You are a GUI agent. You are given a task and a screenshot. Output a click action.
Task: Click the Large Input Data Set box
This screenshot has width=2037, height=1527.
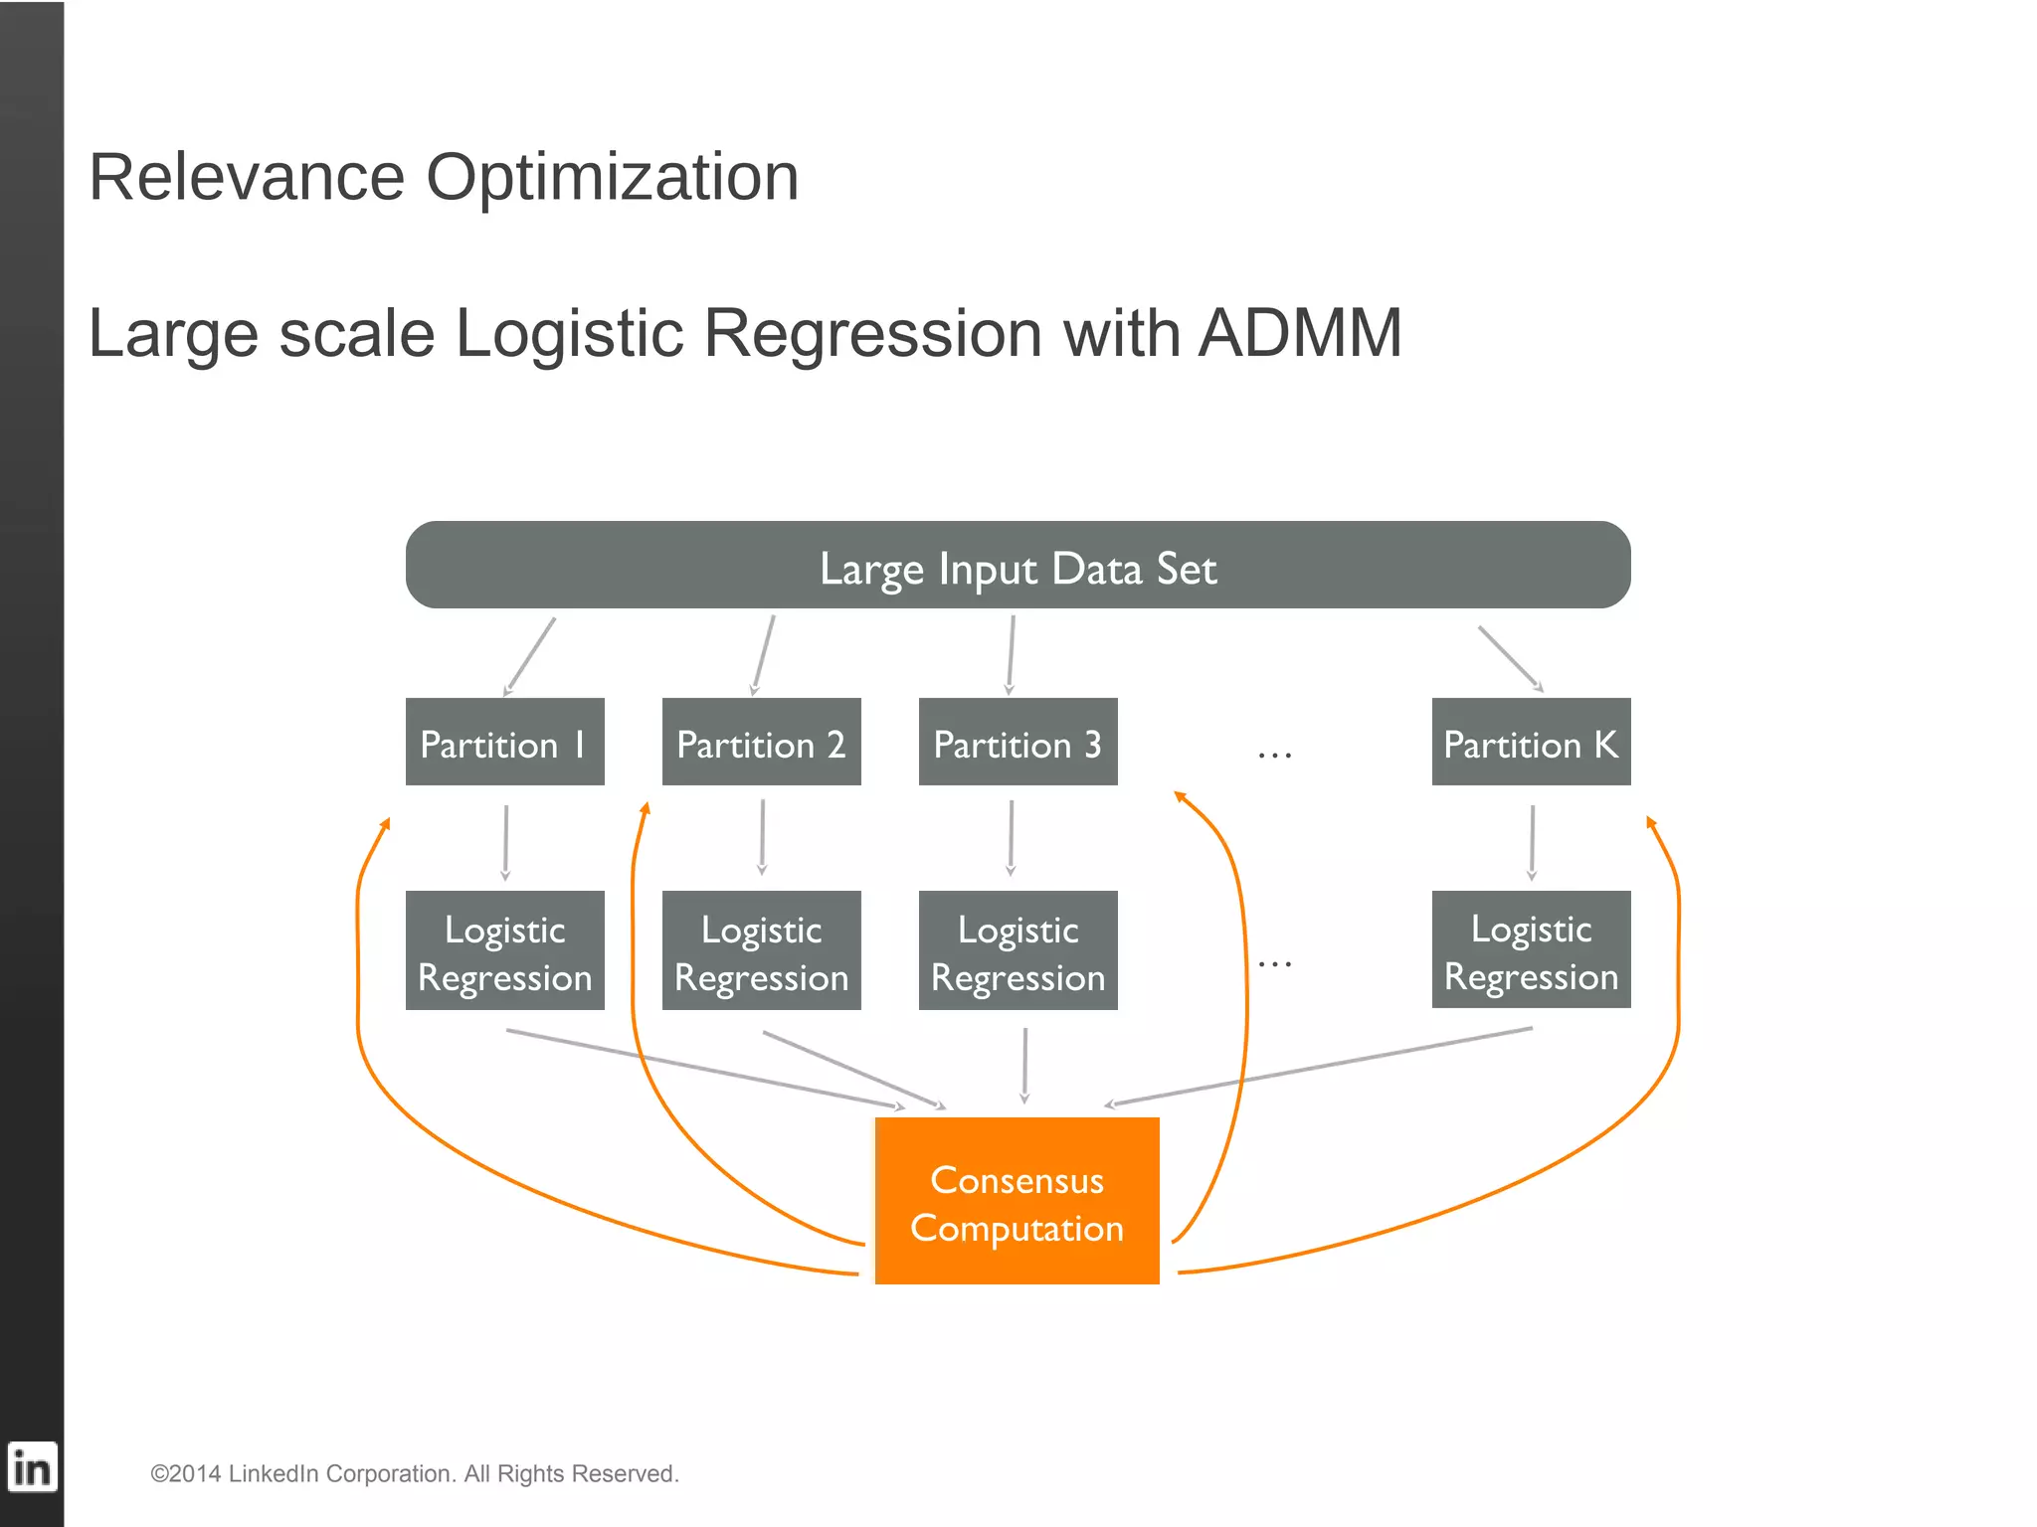1018,565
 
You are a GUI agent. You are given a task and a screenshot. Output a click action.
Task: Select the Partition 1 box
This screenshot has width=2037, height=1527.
504,742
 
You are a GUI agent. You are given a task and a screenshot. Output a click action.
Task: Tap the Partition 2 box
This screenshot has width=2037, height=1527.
761,742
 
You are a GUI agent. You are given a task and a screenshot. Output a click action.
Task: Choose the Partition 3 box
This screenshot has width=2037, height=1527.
1018,742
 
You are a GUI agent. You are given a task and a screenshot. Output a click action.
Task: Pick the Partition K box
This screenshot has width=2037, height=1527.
1531,742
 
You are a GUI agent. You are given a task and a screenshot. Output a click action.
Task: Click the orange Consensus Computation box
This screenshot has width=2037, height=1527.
1017,1201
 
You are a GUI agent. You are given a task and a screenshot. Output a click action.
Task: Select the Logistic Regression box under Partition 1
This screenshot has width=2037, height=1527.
504,950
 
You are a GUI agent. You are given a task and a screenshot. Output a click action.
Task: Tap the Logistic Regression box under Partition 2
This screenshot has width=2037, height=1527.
761,950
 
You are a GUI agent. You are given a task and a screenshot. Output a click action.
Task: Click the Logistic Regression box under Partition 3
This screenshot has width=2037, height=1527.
1018,950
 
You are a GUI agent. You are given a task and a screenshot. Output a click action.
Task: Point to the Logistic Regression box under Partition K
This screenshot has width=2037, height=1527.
1531,949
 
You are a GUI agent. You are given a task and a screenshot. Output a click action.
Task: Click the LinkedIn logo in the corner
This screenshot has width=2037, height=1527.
32,1467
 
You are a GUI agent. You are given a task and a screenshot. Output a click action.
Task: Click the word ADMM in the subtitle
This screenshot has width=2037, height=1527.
1300,333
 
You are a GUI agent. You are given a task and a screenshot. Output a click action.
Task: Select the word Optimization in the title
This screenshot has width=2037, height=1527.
612,178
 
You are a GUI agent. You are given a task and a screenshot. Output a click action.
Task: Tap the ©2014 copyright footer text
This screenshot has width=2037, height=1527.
414,1473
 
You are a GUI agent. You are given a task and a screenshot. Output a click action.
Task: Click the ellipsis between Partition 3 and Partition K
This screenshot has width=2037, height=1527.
1274,756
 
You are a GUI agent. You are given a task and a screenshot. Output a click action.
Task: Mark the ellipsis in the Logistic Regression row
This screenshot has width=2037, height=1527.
1274,963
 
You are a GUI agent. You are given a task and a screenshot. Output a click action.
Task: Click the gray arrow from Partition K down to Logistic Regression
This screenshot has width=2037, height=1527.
1532,842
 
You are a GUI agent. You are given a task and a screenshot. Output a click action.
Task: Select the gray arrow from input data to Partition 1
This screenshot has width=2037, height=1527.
530,655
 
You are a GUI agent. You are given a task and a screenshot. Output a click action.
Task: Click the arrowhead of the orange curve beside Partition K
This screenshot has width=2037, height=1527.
1650,822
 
